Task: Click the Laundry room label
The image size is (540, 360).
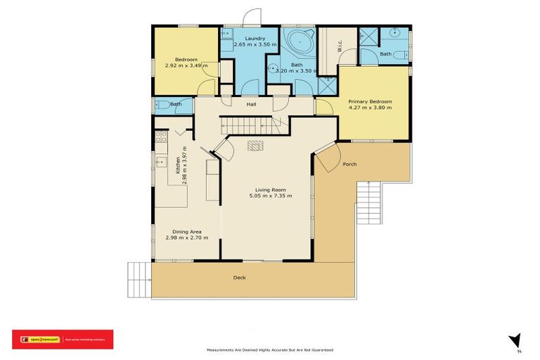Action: tap(251, 39)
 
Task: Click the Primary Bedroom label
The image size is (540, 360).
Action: tap(370, 101)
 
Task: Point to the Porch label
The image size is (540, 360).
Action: tap(349, 165)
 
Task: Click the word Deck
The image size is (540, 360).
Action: tap(240, 278)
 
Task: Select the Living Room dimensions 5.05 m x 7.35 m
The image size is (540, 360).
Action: tap(270, 195)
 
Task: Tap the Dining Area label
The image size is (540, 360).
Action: tap(182, 232)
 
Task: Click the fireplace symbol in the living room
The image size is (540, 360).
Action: tap(256, 146)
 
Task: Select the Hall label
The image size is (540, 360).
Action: tap(251, 105)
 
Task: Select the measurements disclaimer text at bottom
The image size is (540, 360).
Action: tap(269, 349)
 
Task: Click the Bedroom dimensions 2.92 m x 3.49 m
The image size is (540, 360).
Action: tap(186, 66)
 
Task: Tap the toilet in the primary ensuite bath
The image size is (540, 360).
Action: tap(398, 56)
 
